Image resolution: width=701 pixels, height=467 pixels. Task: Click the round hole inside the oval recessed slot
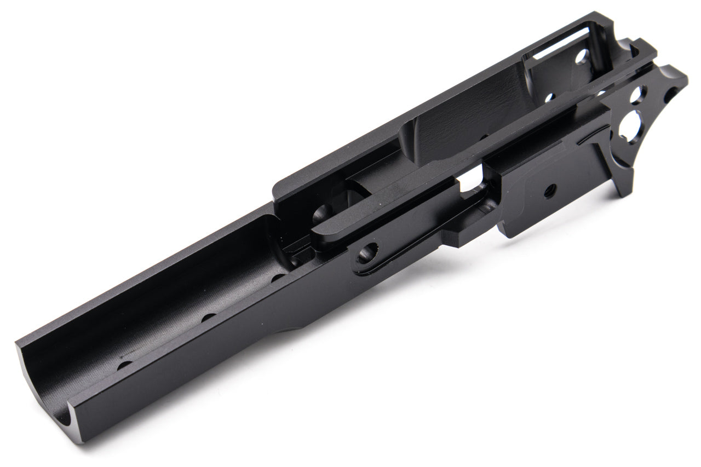(x=366, y=253)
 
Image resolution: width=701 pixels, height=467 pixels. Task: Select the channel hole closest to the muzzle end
(x=124, y=365)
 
